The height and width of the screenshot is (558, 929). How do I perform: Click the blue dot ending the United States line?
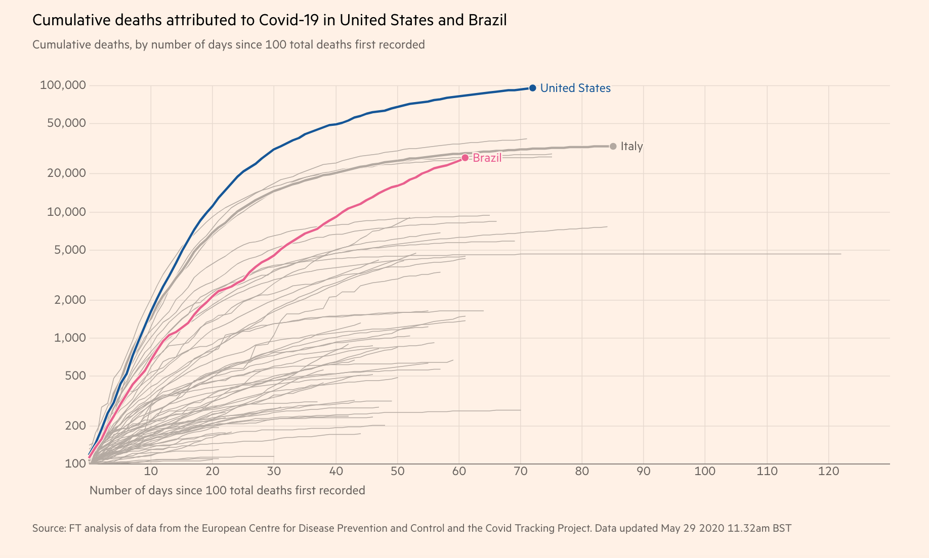pos(532,88)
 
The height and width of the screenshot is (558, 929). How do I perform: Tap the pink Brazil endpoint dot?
pos(465,158)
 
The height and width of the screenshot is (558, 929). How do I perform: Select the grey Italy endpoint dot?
pos(613,146)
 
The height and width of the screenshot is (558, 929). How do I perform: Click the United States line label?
pos(575,88)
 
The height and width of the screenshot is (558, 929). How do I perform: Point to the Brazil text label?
pos(487,158)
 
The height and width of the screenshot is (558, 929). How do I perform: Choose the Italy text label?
pos(631,146)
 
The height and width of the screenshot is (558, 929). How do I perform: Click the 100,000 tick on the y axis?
pos(63,85)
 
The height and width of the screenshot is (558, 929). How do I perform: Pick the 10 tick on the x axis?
pos(151,472)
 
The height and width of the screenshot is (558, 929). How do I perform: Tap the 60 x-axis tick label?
pos(459,472)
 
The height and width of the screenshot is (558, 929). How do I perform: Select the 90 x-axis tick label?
pos(644,472)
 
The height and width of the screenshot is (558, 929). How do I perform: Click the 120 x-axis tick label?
pos(828,472)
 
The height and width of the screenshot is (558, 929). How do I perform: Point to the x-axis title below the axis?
pos(227,490)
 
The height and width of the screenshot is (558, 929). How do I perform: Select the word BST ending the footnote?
pos(782,528)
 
